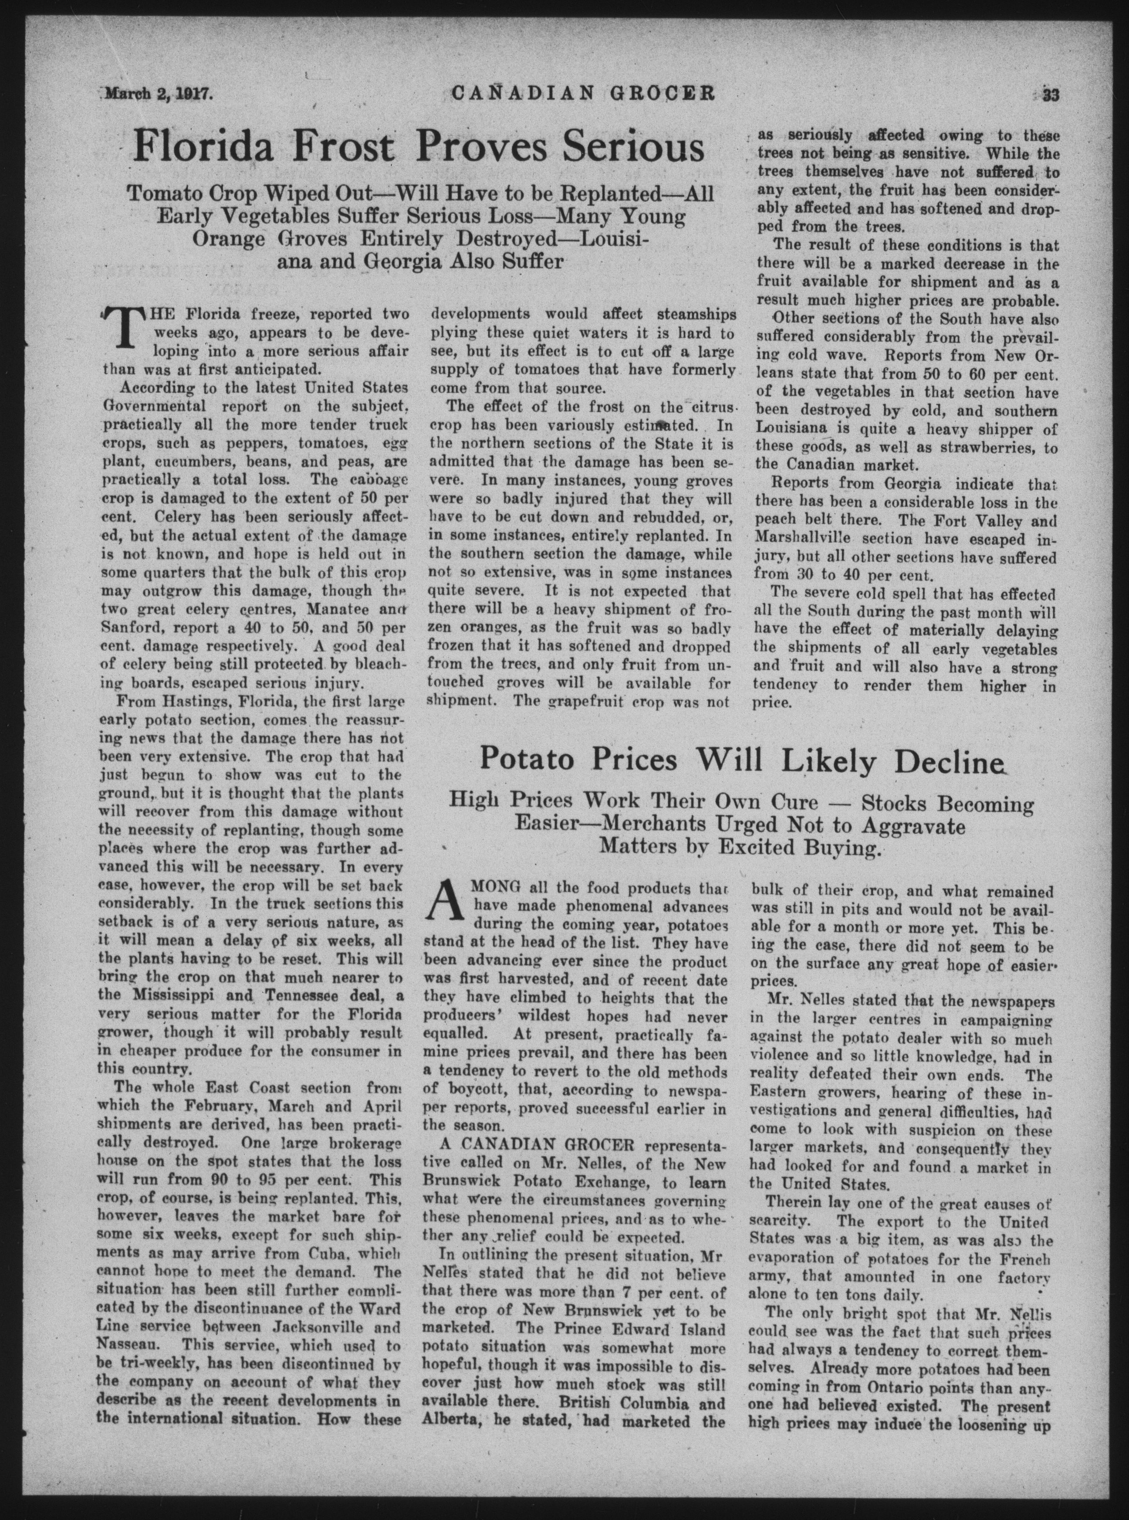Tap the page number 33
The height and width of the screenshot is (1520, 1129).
1046,92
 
